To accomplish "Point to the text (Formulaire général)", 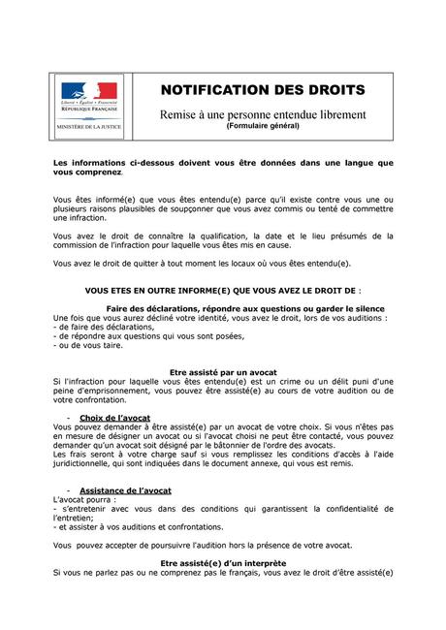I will pyautogui.click(x=263, y=127).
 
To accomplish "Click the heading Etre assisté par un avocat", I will pyautogui.click(x=224, y=372).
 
